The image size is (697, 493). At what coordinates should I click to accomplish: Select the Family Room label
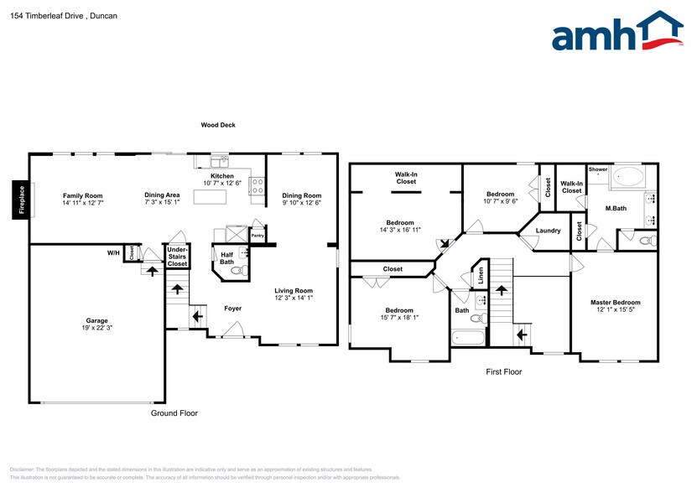point(82,195)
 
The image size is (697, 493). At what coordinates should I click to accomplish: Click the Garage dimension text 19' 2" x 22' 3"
point(96,328)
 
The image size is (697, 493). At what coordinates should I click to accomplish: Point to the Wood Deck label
point(217,125)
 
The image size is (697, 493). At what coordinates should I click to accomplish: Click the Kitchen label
point(222,175)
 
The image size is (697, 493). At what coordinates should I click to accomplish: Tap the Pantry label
point(257,236)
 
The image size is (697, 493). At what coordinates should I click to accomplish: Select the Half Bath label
point(226,258)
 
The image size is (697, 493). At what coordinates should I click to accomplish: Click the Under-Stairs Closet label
point(177,257)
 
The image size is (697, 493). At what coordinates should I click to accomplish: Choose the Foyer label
point(232,309)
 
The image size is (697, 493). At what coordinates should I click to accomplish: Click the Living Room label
point(293,291)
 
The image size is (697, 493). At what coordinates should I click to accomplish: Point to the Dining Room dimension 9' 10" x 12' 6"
point(301,202)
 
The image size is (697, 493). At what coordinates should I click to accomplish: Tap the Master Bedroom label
point(615,303)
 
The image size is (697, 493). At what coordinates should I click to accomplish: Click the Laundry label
point(548,231)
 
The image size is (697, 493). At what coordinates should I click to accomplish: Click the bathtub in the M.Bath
point(628,176)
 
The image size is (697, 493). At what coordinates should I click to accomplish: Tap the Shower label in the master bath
point(598,169)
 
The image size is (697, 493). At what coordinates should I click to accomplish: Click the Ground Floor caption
point(174,413)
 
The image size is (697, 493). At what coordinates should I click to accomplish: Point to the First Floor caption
point(503,371)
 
